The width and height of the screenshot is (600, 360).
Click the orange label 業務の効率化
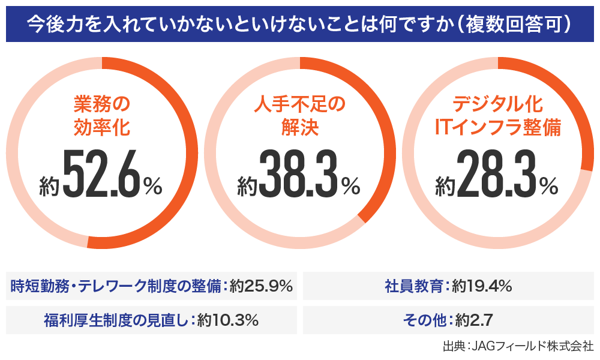pyautogui.click(x=101, y=116)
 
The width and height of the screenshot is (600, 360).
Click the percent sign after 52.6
pyautogui.click(x=152, y=186)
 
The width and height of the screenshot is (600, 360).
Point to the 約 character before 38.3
pyautogui.click(x=247, y=186)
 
